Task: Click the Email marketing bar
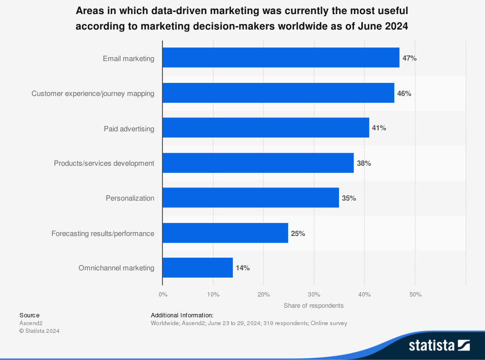281,58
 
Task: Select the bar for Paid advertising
266,128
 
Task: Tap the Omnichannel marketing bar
197,268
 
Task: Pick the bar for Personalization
251,198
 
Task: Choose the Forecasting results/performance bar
225,233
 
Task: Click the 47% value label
409,58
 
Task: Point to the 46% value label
404,94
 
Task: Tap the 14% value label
242,268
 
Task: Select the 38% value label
364,163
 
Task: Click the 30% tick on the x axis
314,294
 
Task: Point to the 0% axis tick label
163,294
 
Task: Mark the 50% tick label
415,294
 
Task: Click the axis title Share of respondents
313,306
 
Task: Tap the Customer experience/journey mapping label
93,94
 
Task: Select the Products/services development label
104,163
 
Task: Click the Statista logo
439,345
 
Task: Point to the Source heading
30,315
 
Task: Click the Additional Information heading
182,315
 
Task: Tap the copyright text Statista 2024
39,331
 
